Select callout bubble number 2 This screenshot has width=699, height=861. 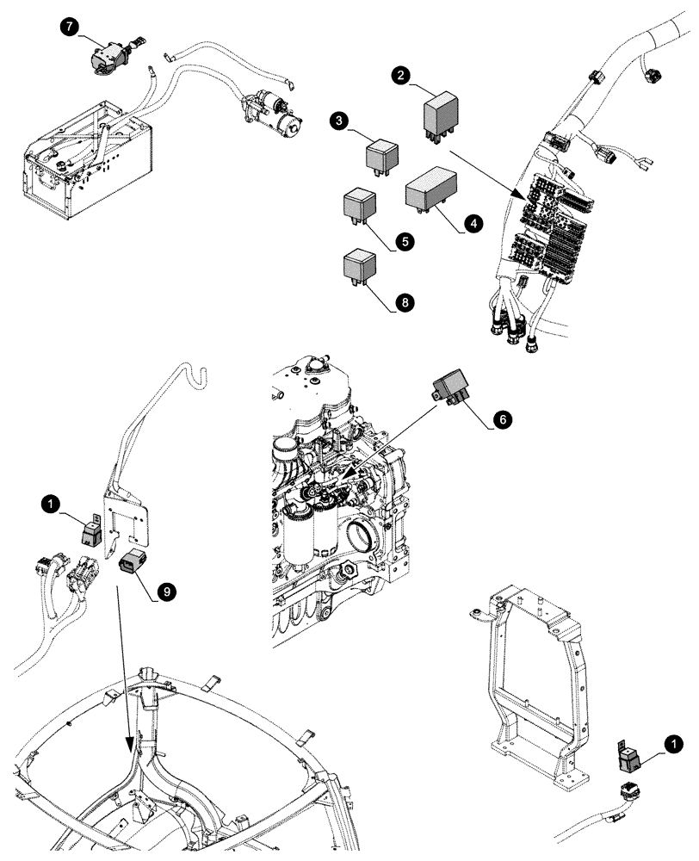[399, 76]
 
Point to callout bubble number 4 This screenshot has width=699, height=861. [471, 223]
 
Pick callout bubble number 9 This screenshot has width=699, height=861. [166, 590]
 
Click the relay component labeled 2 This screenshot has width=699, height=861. [440, 115]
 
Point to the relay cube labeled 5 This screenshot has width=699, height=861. [359, 208]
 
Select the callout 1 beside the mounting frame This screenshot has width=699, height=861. [676, 740]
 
